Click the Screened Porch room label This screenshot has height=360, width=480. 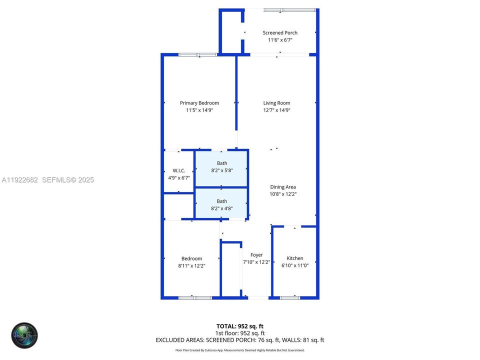coord(280,33)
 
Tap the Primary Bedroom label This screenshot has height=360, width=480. coord(199,103)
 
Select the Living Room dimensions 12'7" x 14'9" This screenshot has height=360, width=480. coord(276,110)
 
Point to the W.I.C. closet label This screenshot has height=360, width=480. coord(178,170)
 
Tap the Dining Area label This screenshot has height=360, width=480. coord(283,187)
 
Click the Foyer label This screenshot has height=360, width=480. coord(256,255)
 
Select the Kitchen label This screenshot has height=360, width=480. coord(295,258)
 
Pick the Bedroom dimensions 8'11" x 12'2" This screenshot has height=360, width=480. coord(191,266)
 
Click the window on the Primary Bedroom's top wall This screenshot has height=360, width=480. coord(197,54)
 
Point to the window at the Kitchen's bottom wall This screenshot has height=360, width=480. coord(290,298)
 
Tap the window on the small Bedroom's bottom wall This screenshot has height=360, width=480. coord(195,298)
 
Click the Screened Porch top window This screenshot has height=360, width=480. coord(290,10)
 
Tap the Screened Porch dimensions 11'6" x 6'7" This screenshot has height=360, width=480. coord(280,40)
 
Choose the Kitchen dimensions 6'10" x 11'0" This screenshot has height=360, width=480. coord(295,266)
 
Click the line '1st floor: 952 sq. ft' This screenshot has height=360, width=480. coord(240,333)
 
